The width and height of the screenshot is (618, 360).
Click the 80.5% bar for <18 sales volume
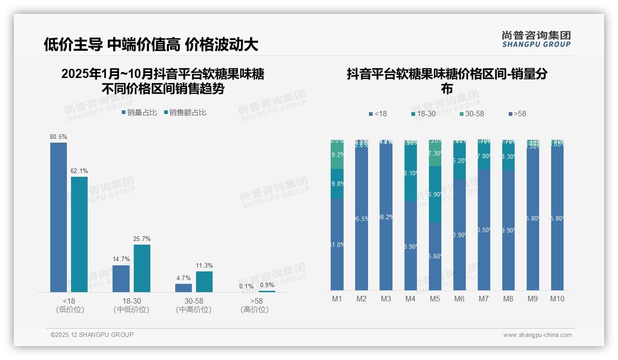[59, 217]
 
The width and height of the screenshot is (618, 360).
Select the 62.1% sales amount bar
[79, 234]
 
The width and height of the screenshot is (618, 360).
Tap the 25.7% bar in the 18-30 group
[142, 268]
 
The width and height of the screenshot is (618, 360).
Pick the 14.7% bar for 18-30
[121, 278]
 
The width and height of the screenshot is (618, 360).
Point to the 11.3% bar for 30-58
[204, 282]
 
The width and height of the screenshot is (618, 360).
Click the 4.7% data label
[184, 278]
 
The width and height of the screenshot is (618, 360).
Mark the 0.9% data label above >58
[267, 285]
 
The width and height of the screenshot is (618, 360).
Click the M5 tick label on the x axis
[435, 299]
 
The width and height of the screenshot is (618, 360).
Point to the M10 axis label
[557, 299]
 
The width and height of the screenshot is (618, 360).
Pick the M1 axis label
[337, 299]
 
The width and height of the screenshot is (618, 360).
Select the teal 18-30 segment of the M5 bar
[435, 194]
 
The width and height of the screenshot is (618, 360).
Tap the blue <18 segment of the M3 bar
[386, 217]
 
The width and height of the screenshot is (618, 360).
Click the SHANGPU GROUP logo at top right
[536, 39]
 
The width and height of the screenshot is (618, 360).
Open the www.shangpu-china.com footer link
[537, 335]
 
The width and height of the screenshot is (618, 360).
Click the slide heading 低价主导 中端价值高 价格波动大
[151, 44]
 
